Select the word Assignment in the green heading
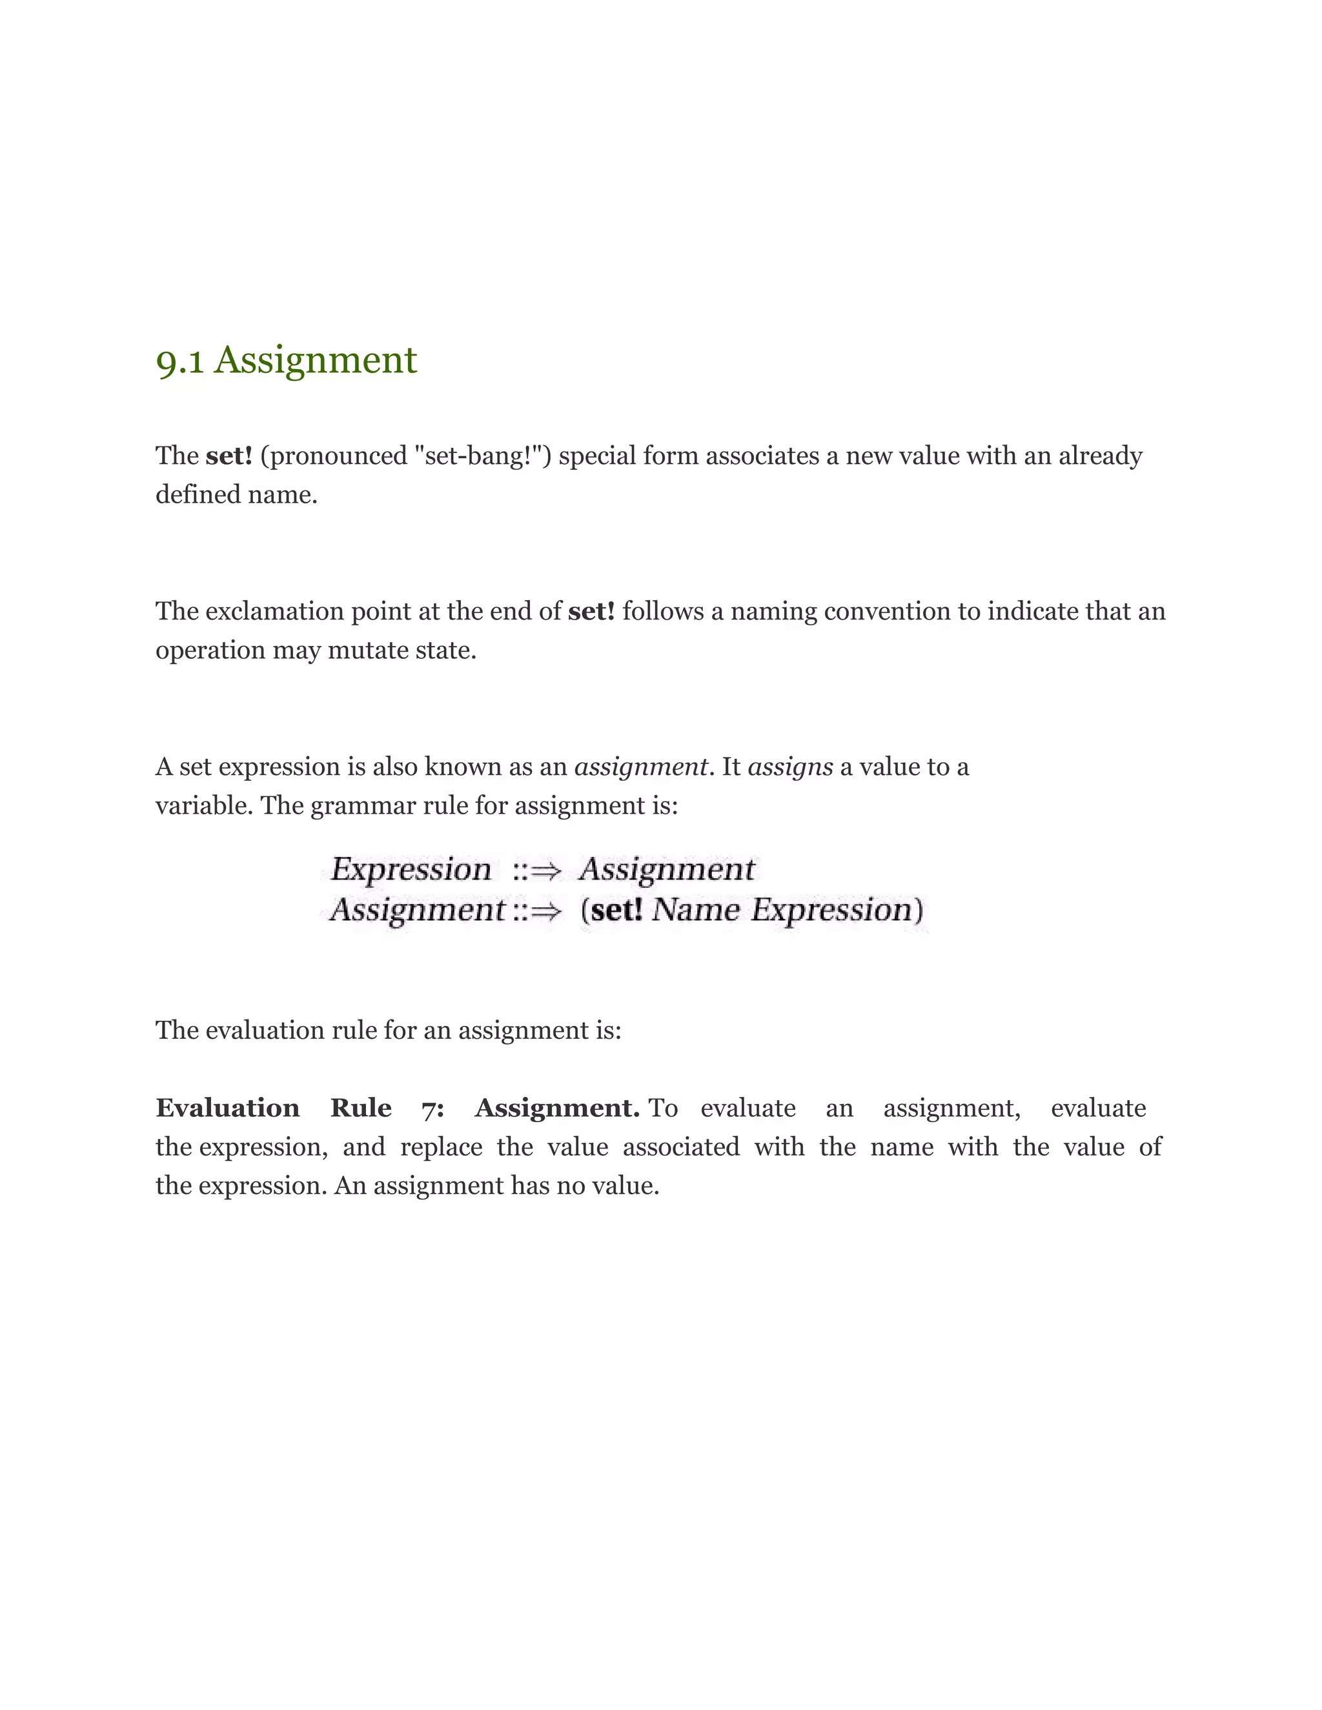click(x=316, y=360)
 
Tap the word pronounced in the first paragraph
click(x=334, y=456)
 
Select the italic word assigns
click(x=790, y=767)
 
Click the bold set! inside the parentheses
click(x=616, y=910)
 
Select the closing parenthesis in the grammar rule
click(x=919, y=910)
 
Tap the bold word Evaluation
click(x=227, y=1109)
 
